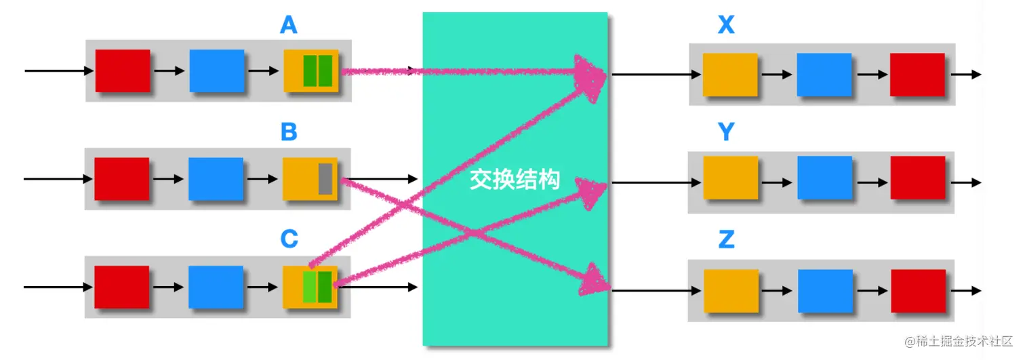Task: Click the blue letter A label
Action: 289,25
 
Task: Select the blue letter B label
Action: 289,132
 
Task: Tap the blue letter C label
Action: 289,239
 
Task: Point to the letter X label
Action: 726,25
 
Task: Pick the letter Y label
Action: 726,132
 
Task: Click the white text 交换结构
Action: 515,180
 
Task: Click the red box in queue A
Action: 123,71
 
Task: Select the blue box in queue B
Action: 216,179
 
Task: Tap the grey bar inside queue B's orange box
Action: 325,179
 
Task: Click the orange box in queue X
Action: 729,75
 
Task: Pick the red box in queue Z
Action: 918,291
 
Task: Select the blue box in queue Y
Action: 824,178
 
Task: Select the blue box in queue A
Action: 216,71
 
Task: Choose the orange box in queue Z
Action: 731,291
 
